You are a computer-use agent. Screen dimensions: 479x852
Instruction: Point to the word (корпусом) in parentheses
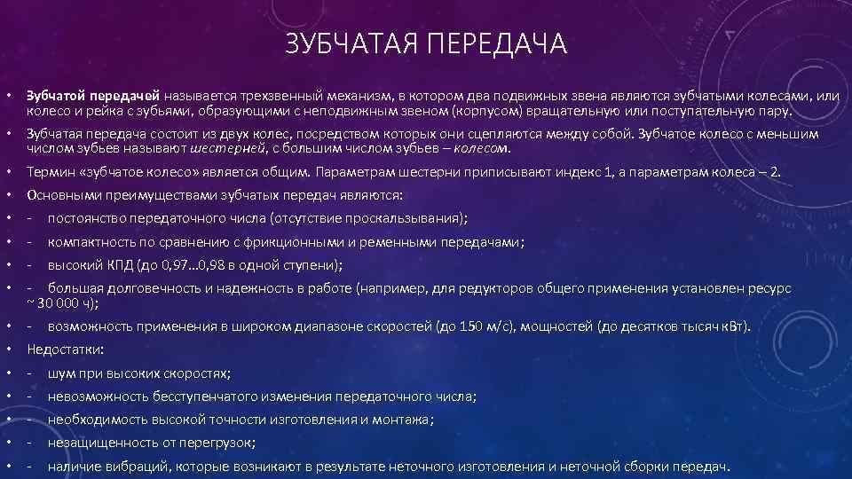tap(485, 113)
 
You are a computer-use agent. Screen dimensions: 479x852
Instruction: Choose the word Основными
tap(61, 194)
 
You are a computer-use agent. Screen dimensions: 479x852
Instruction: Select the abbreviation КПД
tap(120, 264)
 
